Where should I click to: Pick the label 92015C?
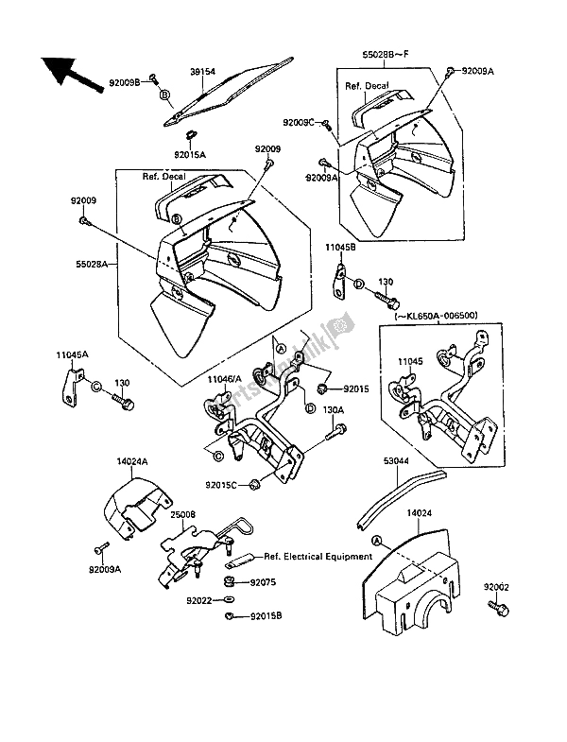pyautogui.click(x=222, y=486)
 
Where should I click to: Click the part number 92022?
pyautogui.click(x=199, y=599)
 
